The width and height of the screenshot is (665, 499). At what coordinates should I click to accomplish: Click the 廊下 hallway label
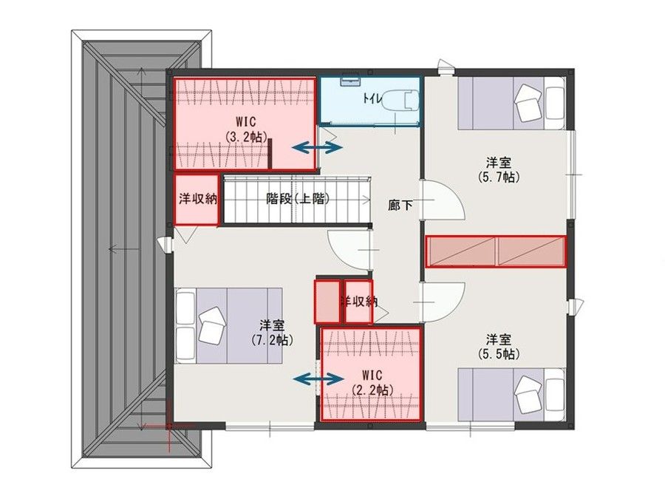click(x=400, y=206)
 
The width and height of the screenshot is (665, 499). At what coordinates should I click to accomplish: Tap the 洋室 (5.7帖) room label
click(x=500, y=169)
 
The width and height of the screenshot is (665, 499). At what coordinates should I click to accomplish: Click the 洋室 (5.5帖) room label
click(x=499, y=347)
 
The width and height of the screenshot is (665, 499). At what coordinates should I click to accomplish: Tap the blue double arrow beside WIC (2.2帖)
click(x=318, y=379)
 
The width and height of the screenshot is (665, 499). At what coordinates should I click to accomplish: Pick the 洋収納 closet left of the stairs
click(x=197, y=199)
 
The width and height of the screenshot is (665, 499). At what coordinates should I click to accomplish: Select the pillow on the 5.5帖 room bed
click(x=530, y=391)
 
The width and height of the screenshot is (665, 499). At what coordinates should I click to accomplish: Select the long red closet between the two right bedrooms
click(x=496, y=251)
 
